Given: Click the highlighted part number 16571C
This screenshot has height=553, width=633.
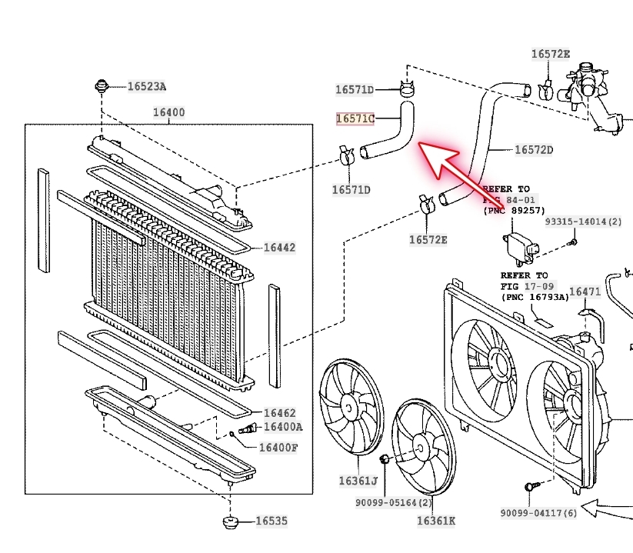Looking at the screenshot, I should pyautogui.click(x=355, y=119).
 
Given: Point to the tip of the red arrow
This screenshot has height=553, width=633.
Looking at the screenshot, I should pyautogui.click(x=420, y=145).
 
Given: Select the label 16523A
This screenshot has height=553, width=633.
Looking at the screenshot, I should pyautogui.click(x=146, y=86).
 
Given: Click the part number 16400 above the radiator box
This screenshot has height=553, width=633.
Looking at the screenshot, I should pyautogui.click(x=168, y=112).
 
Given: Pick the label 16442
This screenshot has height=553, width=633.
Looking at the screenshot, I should pyautogui.click(x=279, y=248).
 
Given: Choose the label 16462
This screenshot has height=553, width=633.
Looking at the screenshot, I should pyautogui.click(x=279, y=413).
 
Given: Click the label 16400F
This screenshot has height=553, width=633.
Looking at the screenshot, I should pyautogui.click(x=278, y=448).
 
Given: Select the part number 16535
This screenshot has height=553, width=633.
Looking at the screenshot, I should pyautogui.click(x=271, y=521).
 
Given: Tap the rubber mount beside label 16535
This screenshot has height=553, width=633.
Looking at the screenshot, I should pyautogui.click(x=228, y=522).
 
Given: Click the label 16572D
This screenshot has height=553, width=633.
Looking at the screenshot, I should pyautogui.click(x=533, y=149).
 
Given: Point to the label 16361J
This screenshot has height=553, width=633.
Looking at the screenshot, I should pyautogui.click(x=358, y=481).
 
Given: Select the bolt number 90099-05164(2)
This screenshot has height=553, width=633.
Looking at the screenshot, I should pyautogui.click(x=395, y=503).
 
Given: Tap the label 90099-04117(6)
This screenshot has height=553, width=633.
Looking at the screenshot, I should pyautogui.click(x=538, y=513).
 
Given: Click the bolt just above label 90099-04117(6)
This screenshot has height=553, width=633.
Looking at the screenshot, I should pyautogui.click(x=530, y=487).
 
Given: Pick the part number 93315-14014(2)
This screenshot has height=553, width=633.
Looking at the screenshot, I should pyautogui.click(x=583, y=222).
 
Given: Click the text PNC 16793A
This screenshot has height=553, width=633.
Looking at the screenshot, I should pyautogui.click(x=535, y=296).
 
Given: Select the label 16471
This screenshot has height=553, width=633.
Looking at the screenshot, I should pyautogui.click(x=585, y=291).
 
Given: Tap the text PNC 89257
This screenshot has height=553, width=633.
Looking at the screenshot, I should pyautogui.click(x=513, y=209).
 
